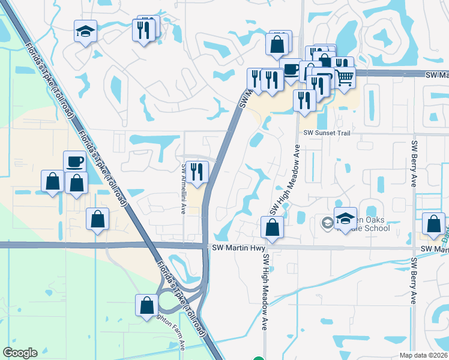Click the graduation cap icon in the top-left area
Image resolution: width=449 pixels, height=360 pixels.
point(85,31)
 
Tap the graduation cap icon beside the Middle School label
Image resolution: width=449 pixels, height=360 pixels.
point(345,219)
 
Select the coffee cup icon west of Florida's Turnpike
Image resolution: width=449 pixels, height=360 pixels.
point(74,162)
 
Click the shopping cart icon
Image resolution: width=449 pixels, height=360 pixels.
point(343,77)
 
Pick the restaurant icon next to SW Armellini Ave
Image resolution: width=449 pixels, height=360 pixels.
point(196,173)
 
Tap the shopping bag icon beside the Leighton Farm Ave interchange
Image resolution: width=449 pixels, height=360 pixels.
point(146,306)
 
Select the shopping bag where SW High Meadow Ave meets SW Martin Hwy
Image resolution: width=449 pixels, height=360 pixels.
point(272,228)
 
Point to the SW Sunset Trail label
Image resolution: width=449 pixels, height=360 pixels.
point(326,133)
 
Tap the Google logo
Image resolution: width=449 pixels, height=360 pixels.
point(20,353)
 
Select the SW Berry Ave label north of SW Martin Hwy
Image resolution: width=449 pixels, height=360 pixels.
point(414,164)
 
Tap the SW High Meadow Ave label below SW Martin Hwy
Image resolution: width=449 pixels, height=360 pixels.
point(264,292)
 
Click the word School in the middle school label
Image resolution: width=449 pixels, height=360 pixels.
point(377,228)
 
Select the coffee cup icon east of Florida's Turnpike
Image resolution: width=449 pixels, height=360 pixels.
point(291,70)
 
